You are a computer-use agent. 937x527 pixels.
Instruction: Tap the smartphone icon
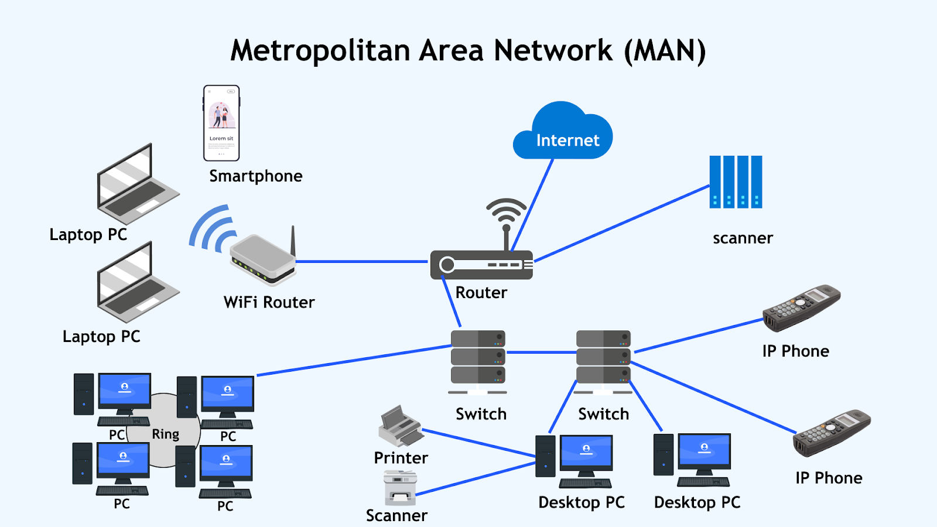point(221,123)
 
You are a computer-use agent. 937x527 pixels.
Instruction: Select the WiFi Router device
point(264,258)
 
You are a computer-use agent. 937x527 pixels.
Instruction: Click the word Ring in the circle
point(166,434)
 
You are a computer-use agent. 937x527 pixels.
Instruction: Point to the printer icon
point(399,426)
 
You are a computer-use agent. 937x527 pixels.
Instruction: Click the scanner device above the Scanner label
point(401,488)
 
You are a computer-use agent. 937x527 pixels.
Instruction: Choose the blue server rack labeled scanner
point(736,182)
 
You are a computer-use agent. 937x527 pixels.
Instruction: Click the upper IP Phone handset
point(801,307)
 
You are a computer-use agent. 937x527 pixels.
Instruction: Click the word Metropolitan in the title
point(320,51)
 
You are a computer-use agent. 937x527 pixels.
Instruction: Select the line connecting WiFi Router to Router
point(363,261)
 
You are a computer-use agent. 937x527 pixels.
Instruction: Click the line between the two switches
point(541,353)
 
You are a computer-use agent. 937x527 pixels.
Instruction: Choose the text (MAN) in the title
point(665,51)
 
